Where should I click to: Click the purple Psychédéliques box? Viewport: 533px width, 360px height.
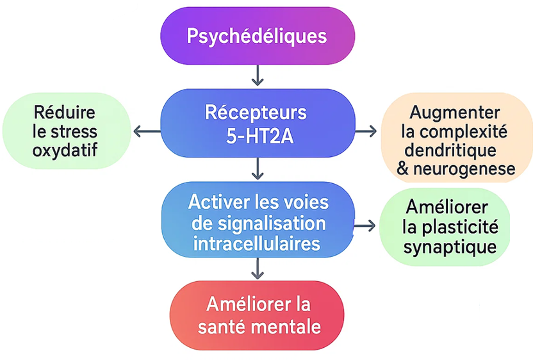[257, 35]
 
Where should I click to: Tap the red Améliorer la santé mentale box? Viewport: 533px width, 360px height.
[257, 315]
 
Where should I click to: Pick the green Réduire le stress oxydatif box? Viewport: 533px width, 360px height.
[66, 132]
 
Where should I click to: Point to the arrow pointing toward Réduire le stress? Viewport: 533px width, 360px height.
[147, 132]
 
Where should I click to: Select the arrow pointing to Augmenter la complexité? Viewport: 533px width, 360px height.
[366, 132]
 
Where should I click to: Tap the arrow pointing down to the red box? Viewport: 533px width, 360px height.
[257, 269]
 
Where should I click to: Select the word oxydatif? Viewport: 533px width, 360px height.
[65, 151]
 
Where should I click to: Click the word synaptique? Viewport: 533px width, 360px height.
[450, 247]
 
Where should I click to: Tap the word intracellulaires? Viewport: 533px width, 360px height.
[257, 244]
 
